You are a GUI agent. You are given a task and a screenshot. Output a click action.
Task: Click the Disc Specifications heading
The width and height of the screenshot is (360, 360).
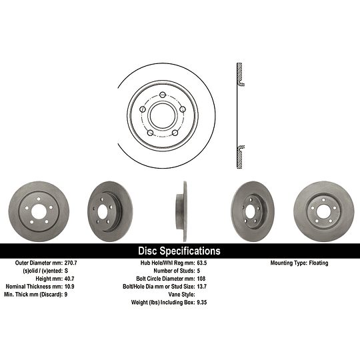tap(179, 251)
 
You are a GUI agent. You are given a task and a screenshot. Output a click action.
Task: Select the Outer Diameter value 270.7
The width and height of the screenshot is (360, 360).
tap(71, 263)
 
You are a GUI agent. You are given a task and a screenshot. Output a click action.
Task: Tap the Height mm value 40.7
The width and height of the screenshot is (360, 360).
tap(69, 279)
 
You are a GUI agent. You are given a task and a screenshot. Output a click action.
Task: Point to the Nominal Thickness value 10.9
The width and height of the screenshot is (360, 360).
tap(69, 287)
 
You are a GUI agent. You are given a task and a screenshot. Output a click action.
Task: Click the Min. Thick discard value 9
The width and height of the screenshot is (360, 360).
tap(66, 295)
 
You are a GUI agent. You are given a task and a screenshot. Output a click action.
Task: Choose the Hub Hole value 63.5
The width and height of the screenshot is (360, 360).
tap(202, 263)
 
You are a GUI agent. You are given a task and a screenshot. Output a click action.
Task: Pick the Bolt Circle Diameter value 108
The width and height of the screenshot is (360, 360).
tap(201, 279)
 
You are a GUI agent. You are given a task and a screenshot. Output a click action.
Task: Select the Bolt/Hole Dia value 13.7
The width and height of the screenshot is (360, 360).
tap(202, 287)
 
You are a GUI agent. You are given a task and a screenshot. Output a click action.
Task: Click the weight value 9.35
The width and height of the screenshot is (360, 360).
tap(202, 303)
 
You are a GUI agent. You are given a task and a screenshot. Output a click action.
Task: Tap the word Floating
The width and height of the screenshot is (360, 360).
tap(319, 263)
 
